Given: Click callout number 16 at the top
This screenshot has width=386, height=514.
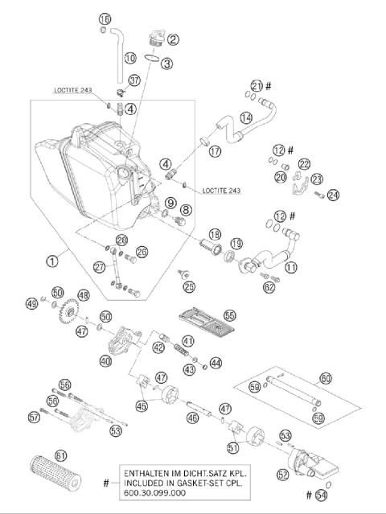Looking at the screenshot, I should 105,19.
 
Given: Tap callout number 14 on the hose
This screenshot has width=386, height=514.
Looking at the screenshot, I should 247,118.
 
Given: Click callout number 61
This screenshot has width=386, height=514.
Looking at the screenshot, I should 61,454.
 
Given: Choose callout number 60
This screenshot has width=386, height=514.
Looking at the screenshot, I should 326,377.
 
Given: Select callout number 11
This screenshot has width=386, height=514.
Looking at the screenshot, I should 314,266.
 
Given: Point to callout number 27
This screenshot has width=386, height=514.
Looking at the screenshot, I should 99,268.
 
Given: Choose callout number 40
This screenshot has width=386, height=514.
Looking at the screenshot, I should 105,361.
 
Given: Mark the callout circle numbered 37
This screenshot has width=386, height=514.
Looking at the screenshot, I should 133,80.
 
